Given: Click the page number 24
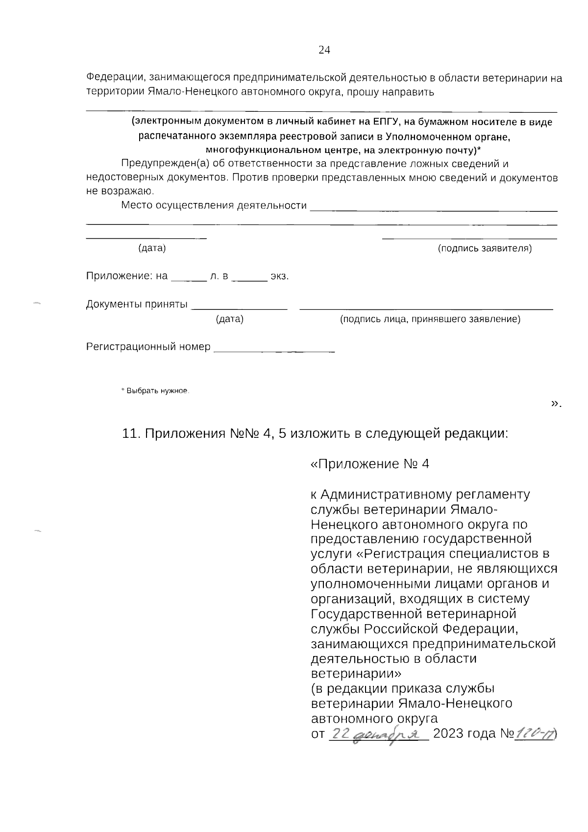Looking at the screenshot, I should (324, 50).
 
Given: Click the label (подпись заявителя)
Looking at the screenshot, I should (484, 249).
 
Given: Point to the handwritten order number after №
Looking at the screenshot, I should (534, 734).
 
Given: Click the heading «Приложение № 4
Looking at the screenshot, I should (370, 464).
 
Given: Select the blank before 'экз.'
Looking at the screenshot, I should (249, 277).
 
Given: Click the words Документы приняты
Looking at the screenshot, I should (137, 304).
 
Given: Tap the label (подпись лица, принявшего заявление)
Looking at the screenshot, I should (430, 320).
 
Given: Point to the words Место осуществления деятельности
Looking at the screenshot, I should (214, 205).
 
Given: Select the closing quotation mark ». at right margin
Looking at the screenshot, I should (556, 403).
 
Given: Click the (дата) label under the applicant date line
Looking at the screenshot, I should (152, 249).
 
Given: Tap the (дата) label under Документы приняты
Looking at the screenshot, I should (229, 320).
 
